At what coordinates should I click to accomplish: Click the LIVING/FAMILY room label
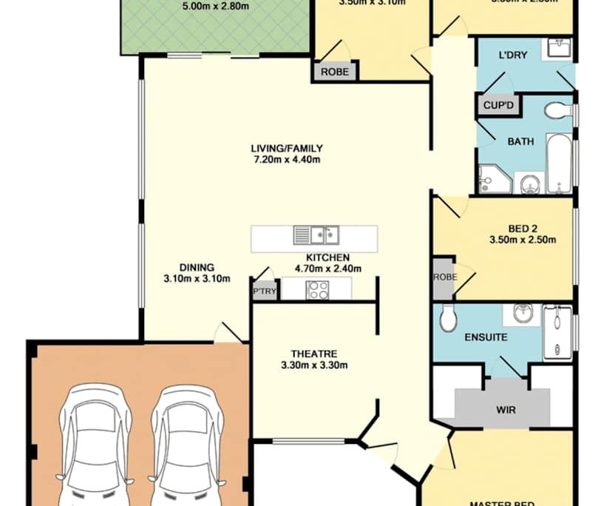[286, 148]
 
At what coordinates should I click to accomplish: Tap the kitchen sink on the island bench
[316, 235]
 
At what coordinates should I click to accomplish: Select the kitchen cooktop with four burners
[318, 290]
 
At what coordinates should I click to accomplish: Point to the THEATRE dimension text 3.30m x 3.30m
[314, 365]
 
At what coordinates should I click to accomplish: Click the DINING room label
[197, 267]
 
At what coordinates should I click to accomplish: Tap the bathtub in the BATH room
[558, 162]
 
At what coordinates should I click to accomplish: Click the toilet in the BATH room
[557, 111]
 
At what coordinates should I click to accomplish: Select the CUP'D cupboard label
[498, 106]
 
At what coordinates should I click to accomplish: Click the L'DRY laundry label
[512, 55]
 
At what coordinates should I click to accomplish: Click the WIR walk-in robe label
[506, 409]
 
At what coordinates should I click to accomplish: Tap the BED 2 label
[522, 228]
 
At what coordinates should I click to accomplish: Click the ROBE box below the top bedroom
[335, 72]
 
